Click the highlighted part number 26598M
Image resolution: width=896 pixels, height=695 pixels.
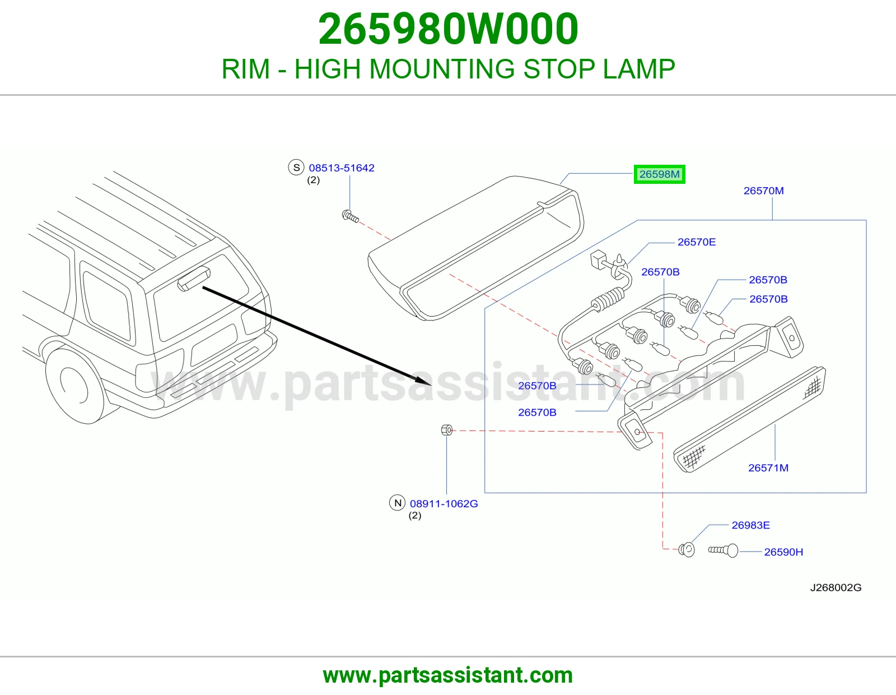659,174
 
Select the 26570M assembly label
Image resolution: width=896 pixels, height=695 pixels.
764,191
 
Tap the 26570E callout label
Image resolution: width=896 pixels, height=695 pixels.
697,242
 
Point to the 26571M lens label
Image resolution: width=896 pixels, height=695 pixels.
768,467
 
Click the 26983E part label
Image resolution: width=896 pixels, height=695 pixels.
751,525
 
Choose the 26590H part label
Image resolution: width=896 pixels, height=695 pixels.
783,552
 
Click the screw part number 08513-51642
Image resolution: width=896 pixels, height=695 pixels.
342,168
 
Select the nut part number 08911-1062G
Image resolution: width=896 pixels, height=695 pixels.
444,503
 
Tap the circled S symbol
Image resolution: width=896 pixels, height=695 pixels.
296,168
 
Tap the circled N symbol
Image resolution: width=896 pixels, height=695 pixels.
398,503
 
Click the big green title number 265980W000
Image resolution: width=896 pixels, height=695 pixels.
448,29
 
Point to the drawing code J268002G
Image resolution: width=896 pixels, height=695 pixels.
836,588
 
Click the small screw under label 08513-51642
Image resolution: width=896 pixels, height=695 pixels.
350,216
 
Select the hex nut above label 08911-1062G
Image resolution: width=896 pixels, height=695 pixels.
446,430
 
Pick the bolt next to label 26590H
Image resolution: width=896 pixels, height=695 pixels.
723,550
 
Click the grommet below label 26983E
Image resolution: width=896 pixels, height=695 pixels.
687,550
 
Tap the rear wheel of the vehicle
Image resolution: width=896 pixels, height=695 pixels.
74,386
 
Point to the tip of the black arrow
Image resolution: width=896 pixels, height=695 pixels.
431,385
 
